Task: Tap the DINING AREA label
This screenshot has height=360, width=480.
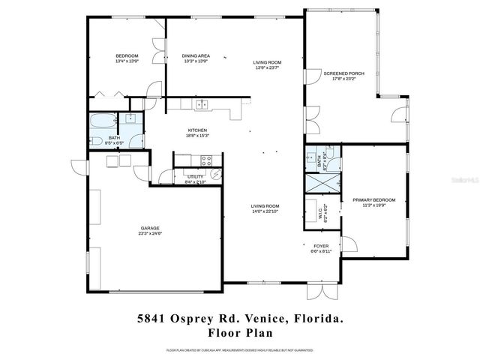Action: pyautogui.click(x=196, y=55)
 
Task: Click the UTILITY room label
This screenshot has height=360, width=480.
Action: pyautogui.click(x=194, y=176)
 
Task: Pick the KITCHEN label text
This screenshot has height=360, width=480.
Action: pyautogui.click(x=197, y=130)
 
